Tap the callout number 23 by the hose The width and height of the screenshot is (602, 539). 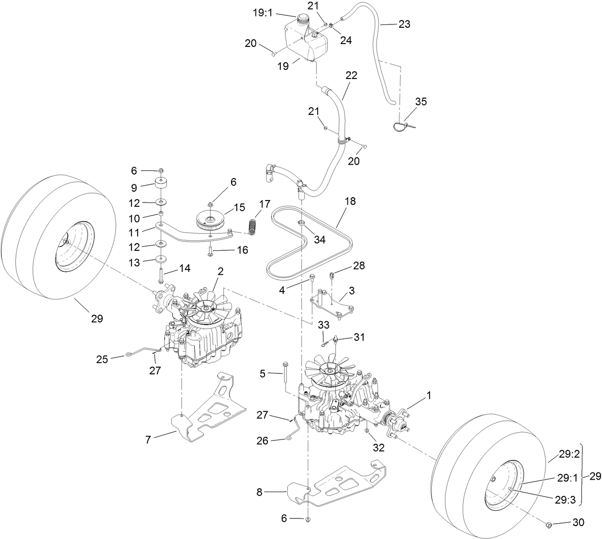[404, 23]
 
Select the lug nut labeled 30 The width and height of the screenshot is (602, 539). [549, 525]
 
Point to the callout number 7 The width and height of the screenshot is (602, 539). [148, 439]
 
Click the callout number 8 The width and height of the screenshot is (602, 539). [259, 491]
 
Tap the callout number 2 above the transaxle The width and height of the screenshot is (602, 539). [221, 271]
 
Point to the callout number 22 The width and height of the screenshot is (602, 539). [351, 76]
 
